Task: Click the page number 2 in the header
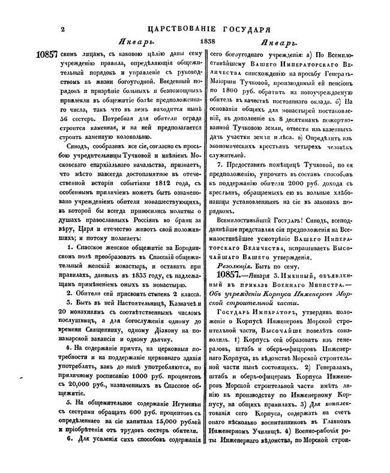(x=62, y=28)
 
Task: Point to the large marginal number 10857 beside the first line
(x=49, y=54)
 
